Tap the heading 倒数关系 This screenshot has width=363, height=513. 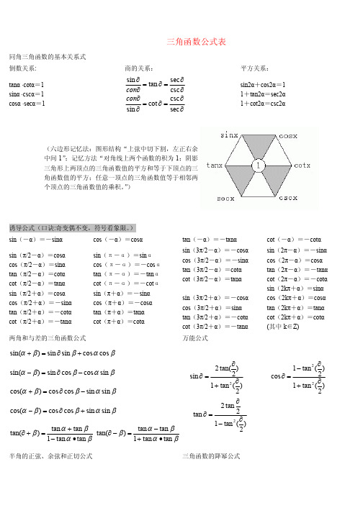point(24,68)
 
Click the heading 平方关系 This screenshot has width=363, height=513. point(255,68)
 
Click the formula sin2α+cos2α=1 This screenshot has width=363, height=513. point(263,83)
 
